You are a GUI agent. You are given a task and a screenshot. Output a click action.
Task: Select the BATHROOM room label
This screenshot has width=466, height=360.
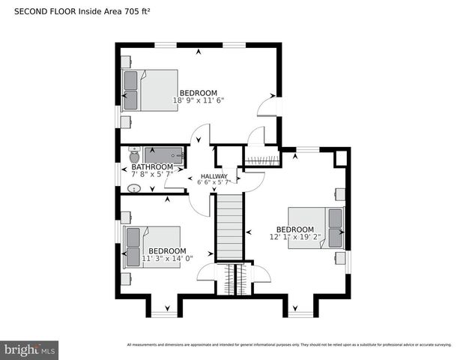[152, 167]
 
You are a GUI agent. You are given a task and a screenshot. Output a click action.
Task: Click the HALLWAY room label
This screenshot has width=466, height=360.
[214, 176]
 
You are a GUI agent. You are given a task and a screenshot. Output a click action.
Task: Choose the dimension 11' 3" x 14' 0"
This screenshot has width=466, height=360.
[167, 259]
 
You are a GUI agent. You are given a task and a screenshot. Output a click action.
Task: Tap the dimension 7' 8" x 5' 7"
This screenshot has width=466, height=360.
[152, 174]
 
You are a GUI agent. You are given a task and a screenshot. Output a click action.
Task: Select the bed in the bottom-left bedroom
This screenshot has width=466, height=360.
[152, 246]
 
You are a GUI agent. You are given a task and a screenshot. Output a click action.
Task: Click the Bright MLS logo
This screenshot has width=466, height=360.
[30, 349]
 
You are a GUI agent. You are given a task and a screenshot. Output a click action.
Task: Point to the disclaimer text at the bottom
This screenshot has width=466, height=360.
[288, 345]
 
